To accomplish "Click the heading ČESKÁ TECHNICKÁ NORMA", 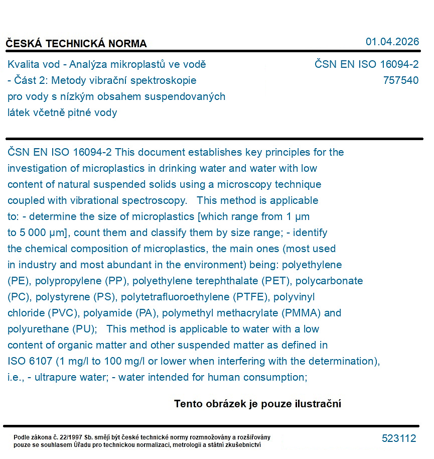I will [x=76, y=44].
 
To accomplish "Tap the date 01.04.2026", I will [x=392, y=42].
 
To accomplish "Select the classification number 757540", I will [x=400, y=80].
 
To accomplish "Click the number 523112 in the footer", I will [x=399, y=438].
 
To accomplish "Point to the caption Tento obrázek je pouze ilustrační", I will [x=257, y=404].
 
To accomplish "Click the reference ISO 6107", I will [x=30, y=361].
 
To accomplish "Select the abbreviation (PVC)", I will [x=64, y=313].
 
